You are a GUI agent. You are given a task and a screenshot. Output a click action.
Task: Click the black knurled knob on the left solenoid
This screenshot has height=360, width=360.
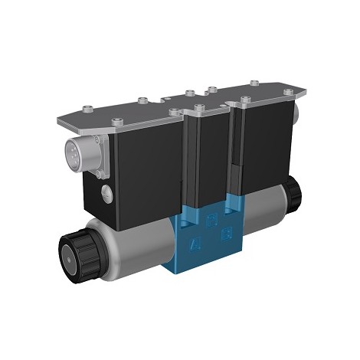point(78,252)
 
